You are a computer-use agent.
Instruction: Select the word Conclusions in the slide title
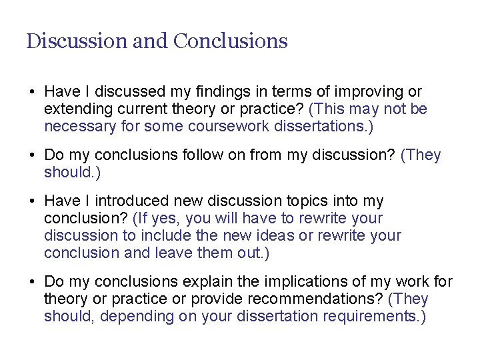[230, 41]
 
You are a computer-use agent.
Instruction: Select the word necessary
[77, 126]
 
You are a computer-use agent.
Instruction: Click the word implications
[311, 282]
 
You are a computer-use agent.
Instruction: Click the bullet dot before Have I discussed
[31, 92]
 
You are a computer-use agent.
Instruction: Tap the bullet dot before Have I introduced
[31, 201]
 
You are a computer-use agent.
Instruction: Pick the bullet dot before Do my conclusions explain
[31, 283]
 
